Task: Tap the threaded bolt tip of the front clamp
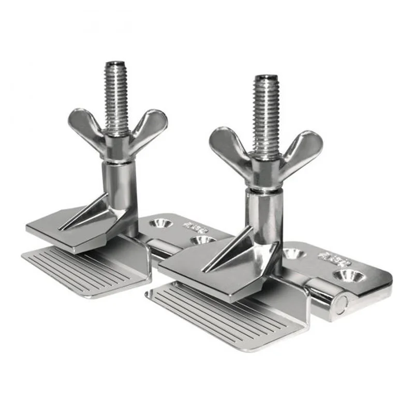point(266,80)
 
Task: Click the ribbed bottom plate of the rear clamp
point(83,272)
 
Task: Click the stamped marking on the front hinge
point(331,256)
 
